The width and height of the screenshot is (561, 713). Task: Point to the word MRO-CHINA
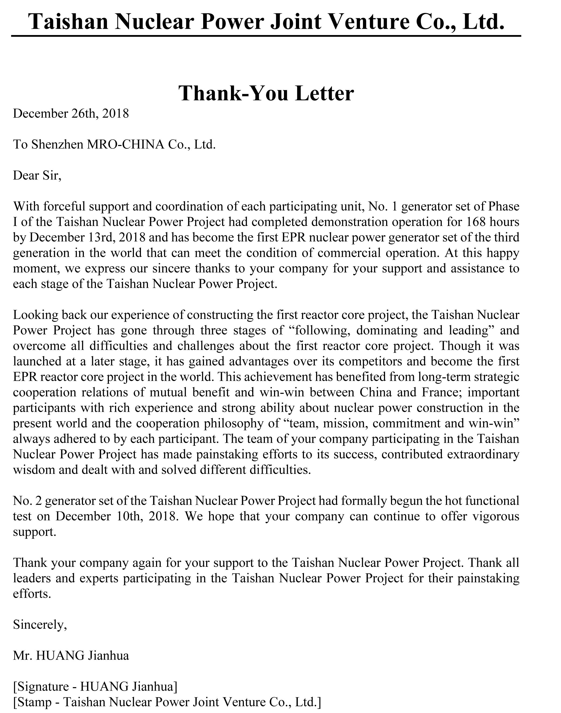click(x=125, y=144)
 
